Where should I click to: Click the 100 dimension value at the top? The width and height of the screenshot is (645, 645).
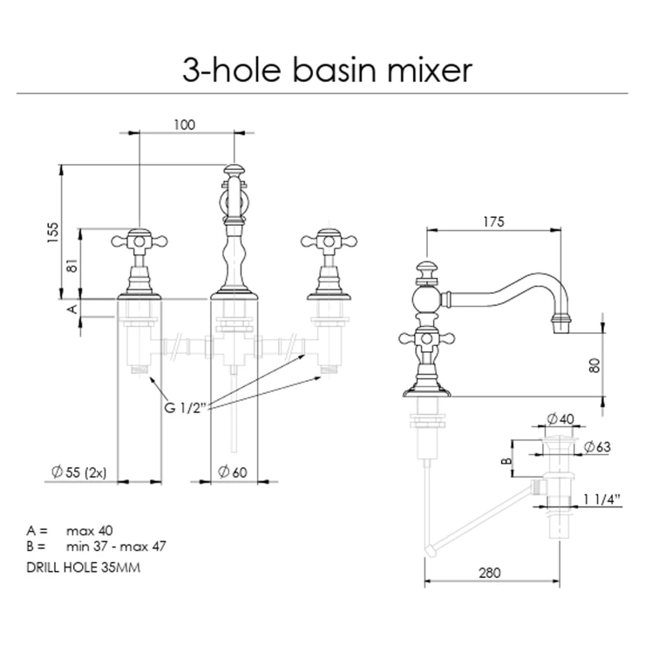click(184, 125)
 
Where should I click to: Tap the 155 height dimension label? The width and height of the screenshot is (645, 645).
click(53, 233)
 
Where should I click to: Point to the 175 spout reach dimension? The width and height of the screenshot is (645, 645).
click(493, 221)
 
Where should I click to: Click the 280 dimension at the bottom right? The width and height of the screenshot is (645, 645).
click(490, 573)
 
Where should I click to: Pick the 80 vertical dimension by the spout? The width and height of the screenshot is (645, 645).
click(594, 365)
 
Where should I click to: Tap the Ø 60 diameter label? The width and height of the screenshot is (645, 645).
click(233, 472)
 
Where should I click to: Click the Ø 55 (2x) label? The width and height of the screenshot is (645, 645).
click(79, 472)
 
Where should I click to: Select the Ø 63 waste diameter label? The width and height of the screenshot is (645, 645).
click(597, 447)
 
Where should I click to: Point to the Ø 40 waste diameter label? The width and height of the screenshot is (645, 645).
click(560, 418)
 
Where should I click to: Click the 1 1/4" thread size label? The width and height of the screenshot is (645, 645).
click(601, 499)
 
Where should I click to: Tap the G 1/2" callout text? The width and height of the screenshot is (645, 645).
click(185, 408)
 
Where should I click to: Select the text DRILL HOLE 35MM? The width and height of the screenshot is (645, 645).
click(84, 567)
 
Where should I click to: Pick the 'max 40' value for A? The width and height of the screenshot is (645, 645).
click(89, 531)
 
